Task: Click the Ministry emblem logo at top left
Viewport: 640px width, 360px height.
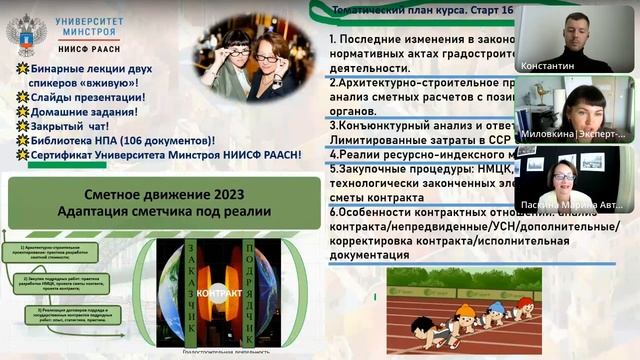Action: pyautogui.click(x=26, y=34)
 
